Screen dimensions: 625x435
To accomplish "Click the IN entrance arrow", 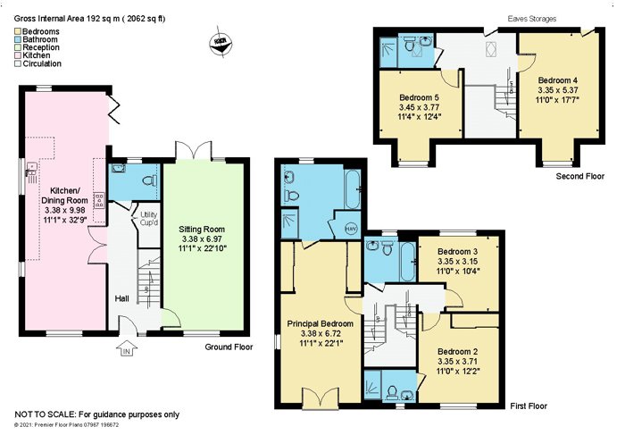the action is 127,348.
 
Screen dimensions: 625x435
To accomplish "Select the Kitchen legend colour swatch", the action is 18,55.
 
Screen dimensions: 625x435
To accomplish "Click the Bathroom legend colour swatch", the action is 18,39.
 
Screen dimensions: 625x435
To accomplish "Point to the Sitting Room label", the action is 202,230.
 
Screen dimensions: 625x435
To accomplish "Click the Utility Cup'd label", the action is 149,219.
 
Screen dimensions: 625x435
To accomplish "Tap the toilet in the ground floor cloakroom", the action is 149,181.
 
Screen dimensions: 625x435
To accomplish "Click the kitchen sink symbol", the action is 31,172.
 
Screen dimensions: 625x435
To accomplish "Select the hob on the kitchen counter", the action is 99,201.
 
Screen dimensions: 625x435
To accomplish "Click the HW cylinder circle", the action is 350,229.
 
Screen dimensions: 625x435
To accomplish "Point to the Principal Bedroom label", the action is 320,323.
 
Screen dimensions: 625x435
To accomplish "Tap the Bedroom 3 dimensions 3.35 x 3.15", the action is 457,262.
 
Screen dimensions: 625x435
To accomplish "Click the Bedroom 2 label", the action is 457,352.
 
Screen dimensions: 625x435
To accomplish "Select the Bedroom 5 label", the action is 420,97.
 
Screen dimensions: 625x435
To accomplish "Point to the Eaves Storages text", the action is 532,19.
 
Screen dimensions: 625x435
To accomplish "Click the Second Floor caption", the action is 580,176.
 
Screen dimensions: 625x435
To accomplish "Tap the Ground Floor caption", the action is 229,347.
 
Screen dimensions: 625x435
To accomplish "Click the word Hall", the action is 122,298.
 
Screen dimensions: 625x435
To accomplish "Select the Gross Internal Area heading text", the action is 89,19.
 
